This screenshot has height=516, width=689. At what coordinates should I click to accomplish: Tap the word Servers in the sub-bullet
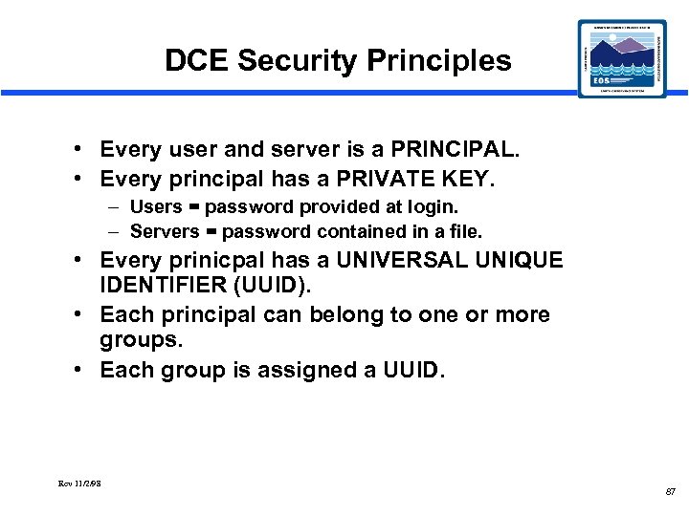(x=164, y=231)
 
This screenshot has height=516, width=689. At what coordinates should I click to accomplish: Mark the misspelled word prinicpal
(x=206, y=260)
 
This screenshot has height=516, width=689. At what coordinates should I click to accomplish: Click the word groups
(x=139, y=341)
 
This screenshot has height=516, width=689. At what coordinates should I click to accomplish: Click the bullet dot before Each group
(x=85, y=370)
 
